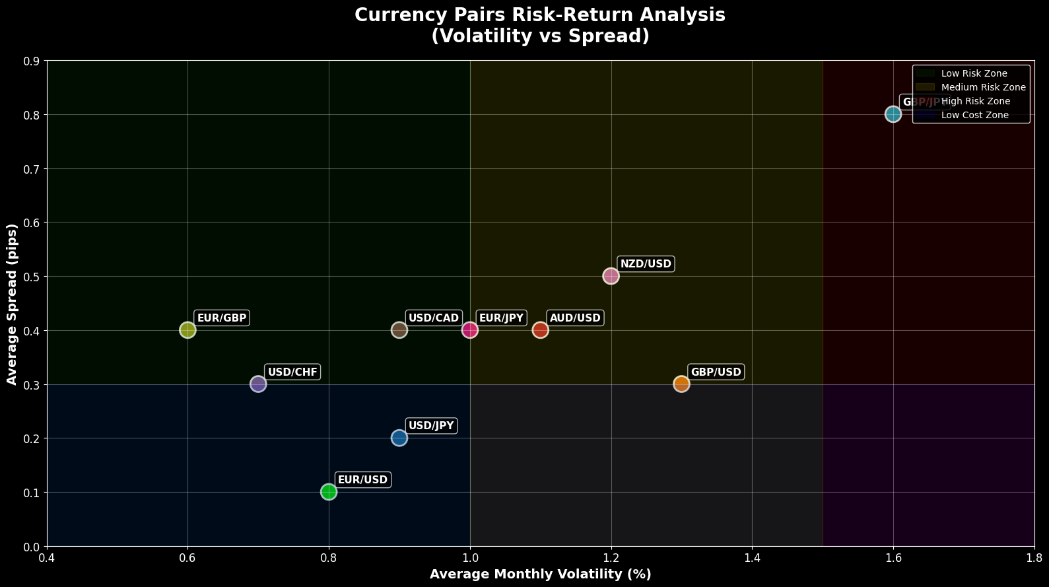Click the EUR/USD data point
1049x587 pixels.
click(329, 492)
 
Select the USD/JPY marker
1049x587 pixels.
click(399, 438)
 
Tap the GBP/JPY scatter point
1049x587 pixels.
click(893, 114)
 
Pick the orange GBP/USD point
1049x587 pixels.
click(681, 384)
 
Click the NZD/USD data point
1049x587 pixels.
click(611, 276)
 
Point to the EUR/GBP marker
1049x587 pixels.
click(187, 330)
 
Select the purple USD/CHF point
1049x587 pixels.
click(258, 384)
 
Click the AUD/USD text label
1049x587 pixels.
click(575, 318)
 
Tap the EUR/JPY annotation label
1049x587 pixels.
click(501, 318)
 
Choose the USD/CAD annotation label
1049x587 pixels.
click(433, 318)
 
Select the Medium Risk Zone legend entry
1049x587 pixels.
click(983, 87)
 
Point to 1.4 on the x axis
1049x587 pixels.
click(752, 559)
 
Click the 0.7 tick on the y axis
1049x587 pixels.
click(32, 169)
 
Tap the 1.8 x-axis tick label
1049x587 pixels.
click(1034, 559)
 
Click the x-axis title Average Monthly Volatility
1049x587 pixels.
click(540, 574)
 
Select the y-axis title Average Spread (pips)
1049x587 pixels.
click(12, 304)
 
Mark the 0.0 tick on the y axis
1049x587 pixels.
click(32, 547)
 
